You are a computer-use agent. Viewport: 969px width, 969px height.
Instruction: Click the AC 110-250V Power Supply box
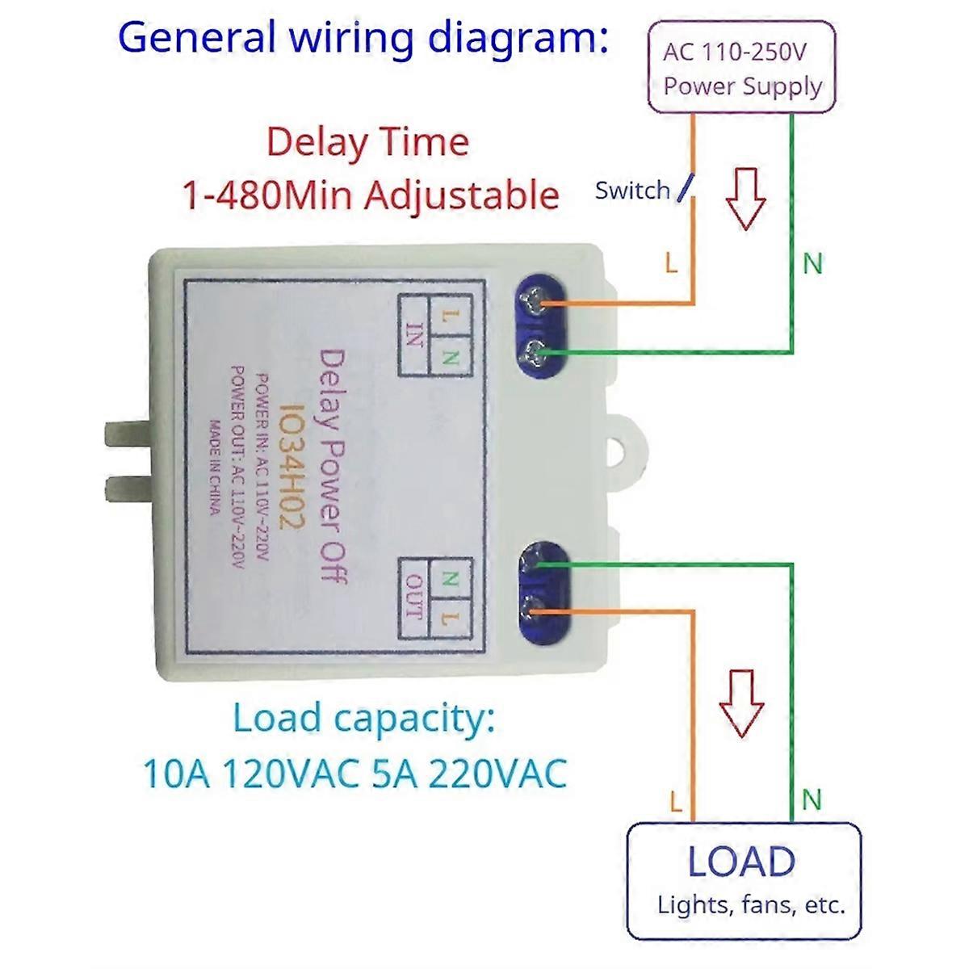click(x=743, y=68)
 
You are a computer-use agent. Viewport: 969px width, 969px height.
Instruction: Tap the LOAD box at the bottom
click(x=743, y=880)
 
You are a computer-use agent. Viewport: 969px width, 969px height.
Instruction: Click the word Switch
click(x=632, y=191)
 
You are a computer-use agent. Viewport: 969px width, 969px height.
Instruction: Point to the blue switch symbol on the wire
click(x=684, y=187)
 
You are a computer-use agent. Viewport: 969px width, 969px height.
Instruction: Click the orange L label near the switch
click(x=671, y=262)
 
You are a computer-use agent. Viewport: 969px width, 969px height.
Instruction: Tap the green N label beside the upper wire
click(x=812, y=263)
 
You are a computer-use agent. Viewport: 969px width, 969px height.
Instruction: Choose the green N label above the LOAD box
click(x=812, y=800)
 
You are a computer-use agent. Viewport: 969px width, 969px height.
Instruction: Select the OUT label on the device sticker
click(x=414, y=598)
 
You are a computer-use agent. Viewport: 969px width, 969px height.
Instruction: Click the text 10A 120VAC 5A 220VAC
click(x=354, y=774)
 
